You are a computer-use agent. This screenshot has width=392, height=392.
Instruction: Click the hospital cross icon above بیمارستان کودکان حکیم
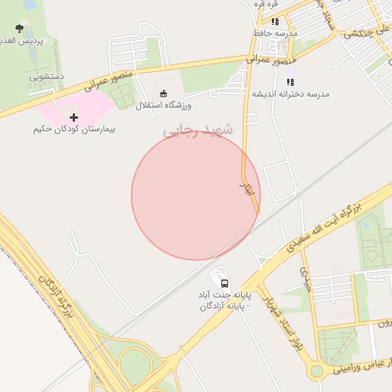[x=73, y=116]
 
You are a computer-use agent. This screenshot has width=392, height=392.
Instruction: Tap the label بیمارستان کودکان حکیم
[x=73, y=129]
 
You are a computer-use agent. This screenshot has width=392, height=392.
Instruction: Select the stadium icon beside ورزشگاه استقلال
[x=163, y=93]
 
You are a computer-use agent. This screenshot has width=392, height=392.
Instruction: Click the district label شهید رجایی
[x=197, y=131]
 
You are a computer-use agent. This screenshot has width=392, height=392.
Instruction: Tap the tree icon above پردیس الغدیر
[x=19, y=28]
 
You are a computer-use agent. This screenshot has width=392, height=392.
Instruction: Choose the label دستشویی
[x=47, y=77]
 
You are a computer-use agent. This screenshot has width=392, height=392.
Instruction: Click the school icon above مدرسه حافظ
[x=274, y=22]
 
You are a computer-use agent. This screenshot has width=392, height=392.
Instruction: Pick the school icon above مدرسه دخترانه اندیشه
[x=290, y=81]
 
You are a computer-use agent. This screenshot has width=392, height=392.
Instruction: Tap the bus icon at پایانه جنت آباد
[x=224, y=282]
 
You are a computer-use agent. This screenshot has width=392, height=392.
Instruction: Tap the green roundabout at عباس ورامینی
[x=315, y=372]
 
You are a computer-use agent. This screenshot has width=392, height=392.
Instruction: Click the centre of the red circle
[x=196, y=195]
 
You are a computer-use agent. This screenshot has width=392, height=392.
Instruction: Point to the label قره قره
[x=265, y=5]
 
